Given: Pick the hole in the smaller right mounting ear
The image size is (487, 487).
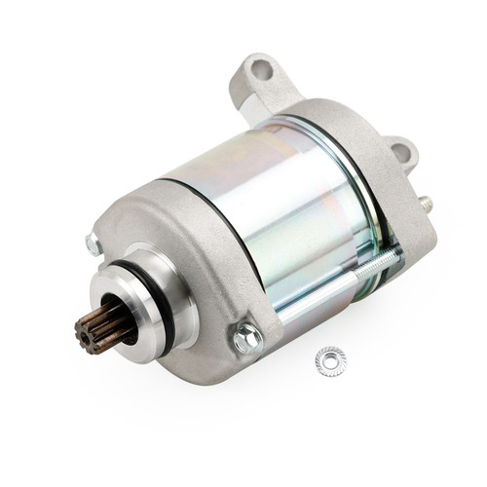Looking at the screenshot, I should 400,154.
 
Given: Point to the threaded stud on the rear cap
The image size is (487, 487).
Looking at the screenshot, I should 426,204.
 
